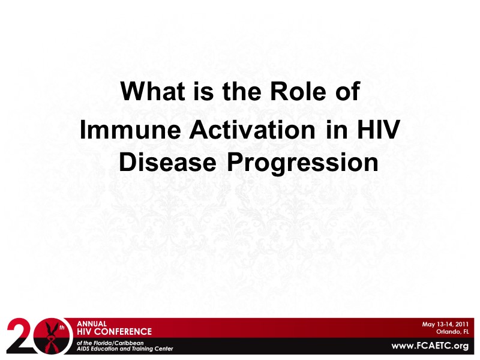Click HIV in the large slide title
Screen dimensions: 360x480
pos(376,131)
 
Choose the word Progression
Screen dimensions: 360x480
pos(302,162)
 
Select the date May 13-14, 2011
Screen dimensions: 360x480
pos(445,324)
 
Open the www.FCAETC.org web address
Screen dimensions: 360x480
pos(430,346)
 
